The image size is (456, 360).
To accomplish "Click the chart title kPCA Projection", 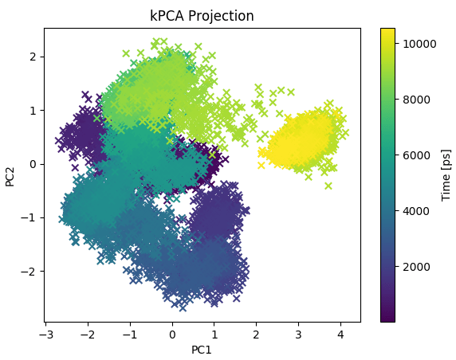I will [202, 16].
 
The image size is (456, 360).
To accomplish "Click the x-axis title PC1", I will [202, 349].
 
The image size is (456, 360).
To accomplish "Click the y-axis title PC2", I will [10, 175].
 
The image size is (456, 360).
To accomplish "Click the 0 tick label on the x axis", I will [172, 334].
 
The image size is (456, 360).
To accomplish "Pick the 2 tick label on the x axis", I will [256, 334].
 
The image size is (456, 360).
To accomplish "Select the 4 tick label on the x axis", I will [340, 334].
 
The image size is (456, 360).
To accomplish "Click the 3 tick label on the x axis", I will [298, 334].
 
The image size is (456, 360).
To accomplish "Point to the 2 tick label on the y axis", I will [33, 57].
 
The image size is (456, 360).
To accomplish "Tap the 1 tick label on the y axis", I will [33, 110].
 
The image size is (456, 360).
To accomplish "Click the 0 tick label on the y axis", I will [33, 164].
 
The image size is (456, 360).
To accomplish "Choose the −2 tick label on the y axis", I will [30, 272].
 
